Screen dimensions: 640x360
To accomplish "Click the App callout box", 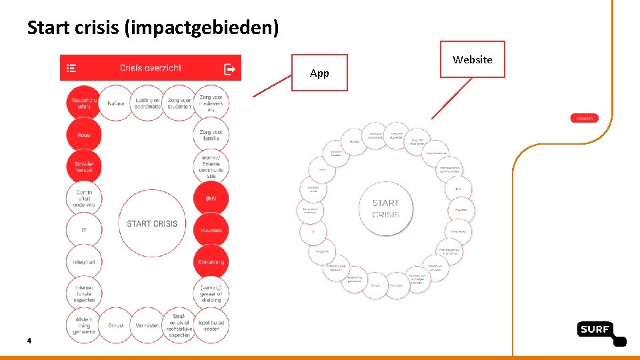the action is (319, 73).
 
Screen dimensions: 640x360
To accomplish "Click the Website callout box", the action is (472, 59).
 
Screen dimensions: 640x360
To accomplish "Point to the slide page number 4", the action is (29, 341).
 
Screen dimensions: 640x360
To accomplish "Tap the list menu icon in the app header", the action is (72, 68).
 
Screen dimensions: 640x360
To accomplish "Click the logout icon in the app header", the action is (229, 68).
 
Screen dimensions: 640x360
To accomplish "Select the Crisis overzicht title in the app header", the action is (151, 68).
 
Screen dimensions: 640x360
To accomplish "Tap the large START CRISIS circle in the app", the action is (152, 223).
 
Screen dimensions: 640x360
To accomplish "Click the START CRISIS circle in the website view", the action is (386, 209).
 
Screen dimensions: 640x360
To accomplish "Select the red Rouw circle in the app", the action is (84, 135).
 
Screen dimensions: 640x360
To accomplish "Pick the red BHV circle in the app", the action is (211, 199).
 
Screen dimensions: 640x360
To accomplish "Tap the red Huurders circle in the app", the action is (211, 231).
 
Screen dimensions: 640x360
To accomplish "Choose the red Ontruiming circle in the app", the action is (211, 262).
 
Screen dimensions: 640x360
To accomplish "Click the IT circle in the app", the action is (84, 230).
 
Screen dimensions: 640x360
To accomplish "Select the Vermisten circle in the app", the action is (147, 325).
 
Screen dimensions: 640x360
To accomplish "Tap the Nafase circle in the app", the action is (116, 103).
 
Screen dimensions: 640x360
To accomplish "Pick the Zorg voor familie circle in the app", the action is (211, 135).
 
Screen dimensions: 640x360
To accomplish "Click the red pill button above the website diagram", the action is (584, 118).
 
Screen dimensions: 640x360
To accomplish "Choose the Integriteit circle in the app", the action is (84, 262).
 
